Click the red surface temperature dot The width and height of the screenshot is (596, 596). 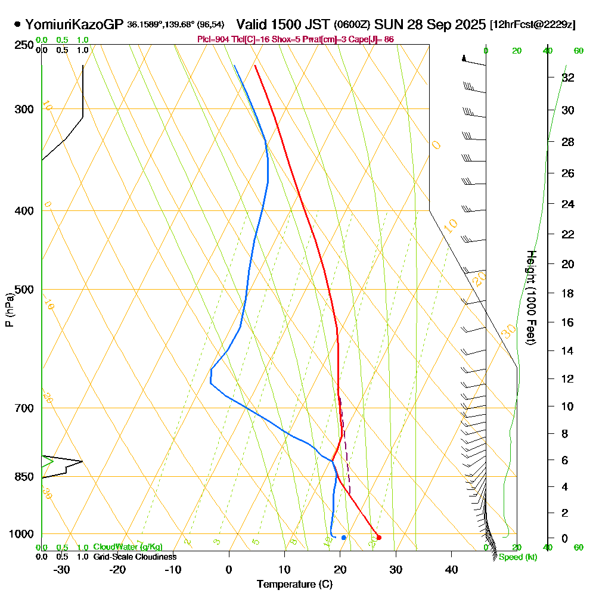(379, 538)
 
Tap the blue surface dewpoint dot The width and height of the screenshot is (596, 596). (344, 538)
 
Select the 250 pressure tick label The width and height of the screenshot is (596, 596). (24, 45)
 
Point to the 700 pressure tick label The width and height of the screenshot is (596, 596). (24, 408)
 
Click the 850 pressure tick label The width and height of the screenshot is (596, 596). (24, 477)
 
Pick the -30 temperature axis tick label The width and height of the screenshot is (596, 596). (62, 570)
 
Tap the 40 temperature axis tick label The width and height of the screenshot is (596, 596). (452, 570)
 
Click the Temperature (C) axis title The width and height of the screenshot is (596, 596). (294, 585)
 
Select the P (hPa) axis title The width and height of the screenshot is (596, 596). (9, 309)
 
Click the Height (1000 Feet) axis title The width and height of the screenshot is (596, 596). (530, 297)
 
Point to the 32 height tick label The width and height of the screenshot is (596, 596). (568, 77)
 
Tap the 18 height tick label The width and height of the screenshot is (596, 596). (568, 293)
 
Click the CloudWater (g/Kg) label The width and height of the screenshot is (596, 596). (128, 547)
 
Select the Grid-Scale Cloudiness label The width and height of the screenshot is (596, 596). (134, 557)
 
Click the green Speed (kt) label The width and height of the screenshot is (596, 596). (517, 557)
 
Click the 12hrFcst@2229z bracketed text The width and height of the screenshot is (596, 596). (532, 25)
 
